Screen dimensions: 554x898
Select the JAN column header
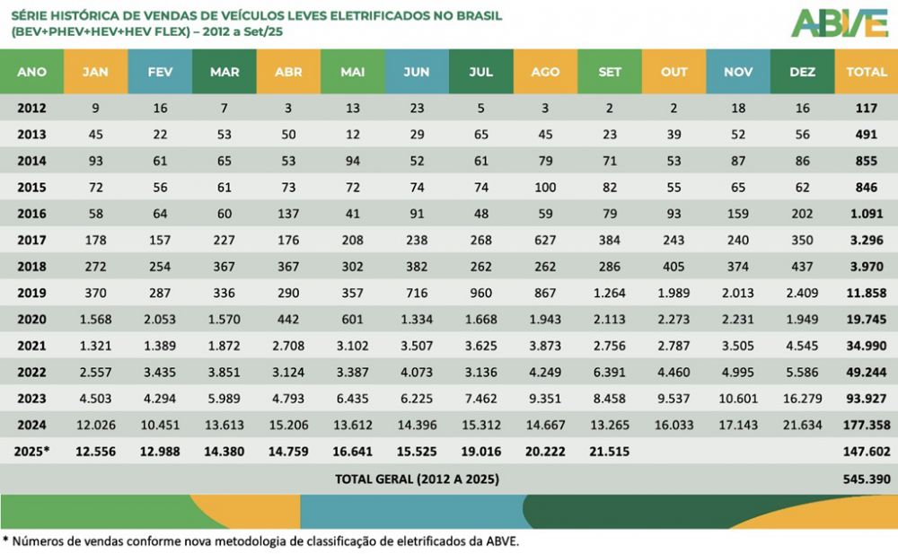pos(95,72)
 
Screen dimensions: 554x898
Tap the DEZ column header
pos(802,72)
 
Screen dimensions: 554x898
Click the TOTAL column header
pos(866,72)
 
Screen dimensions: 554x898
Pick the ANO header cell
pos(32,72)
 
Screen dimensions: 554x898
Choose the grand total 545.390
pos(866,479)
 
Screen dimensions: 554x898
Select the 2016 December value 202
pos(802,215)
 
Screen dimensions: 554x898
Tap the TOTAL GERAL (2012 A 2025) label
pos(417,479)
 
